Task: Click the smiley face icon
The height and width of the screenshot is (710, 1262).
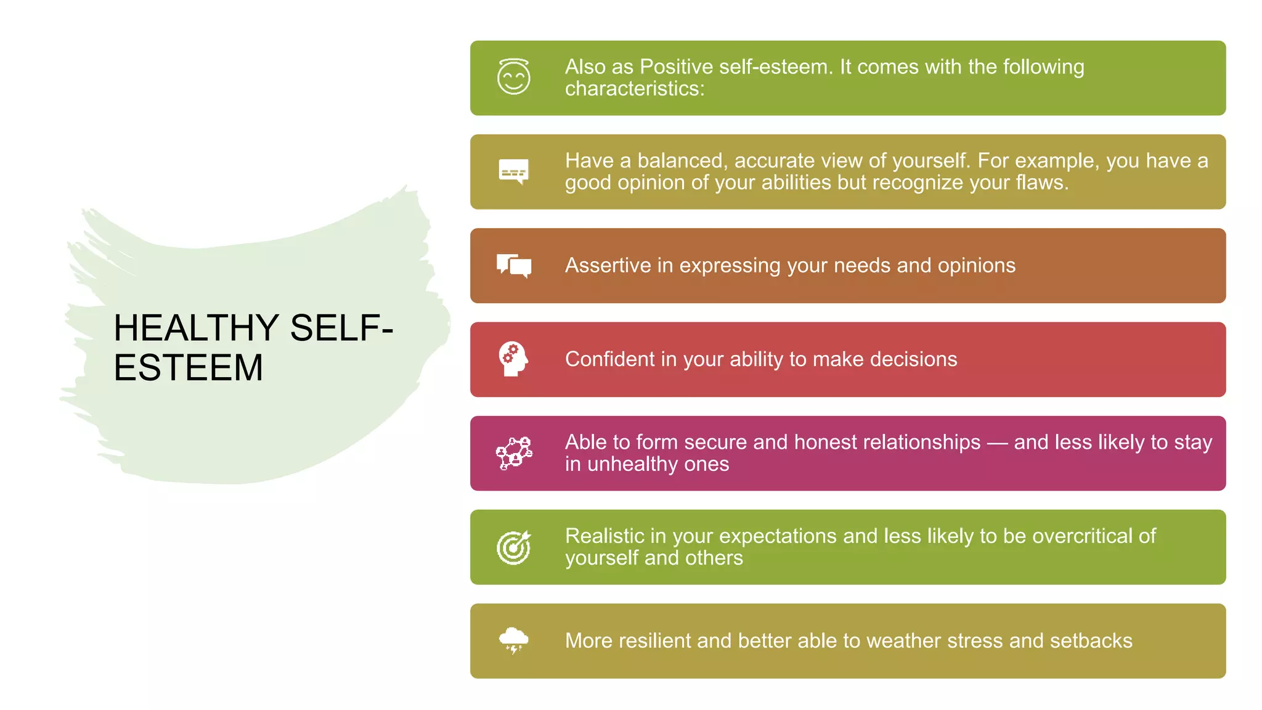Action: (x=513, y=77)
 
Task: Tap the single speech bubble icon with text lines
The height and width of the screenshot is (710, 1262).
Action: (x=513, y=171)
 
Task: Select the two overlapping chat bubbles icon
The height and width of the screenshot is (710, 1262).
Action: (x=514, y=266)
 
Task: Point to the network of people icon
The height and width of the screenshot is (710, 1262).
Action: (x=514, y=453)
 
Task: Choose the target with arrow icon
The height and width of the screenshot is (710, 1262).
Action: (x=514, y=547)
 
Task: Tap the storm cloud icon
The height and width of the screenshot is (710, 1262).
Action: (x=513, y=640)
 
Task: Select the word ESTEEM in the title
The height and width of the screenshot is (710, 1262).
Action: (x=188, y=368)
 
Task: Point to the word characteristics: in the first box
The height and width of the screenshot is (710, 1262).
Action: (x=635, y=89)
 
